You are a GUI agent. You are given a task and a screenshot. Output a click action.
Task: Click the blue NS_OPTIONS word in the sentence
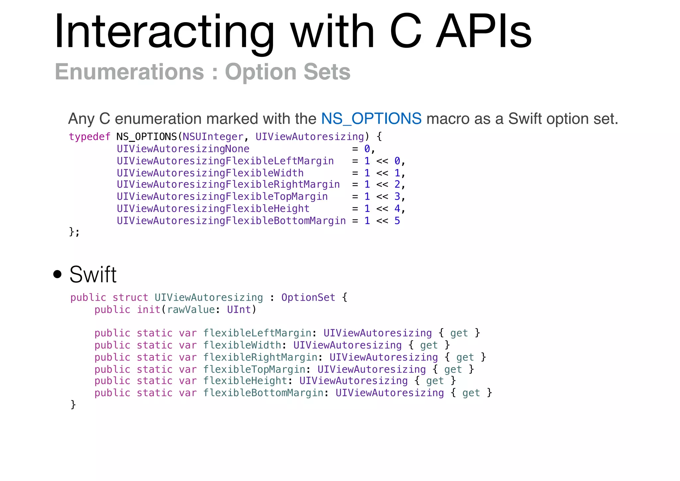click(x=371, y=119)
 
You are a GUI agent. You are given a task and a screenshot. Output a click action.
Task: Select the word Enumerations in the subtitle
click(x=129, y=72)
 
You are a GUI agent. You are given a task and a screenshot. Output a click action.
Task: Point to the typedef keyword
click(x=89, y=137)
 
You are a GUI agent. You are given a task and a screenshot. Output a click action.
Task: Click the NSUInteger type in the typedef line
click(x=213, y=137)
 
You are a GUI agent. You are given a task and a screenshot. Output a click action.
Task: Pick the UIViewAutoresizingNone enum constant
click(x=183, y=149)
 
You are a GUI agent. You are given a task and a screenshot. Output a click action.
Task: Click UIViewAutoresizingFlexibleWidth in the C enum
click(x=210, y=173)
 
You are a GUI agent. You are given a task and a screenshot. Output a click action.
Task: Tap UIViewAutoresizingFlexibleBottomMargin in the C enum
click(x=231, y=221)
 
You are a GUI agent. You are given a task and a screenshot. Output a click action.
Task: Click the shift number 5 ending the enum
click(x=397, y=221)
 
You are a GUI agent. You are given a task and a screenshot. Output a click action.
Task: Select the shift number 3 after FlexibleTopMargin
click(x=397, y=197)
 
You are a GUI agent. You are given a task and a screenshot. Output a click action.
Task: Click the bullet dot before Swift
click(x=57, y=274)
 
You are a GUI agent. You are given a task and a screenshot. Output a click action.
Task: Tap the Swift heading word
click(x=93, y=275)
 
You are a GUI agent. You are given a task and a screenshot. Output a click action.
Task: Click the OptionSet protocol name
click(x=308, y=297)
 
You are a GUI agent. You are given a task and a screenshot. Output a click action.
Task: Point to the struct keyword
click(x=130, y=297)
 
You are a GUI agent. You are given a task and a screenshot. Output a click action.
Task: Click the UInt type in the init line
click(x=239, y=310)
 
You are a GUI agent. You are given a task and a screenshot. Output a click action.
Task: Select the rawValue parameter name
click(x=191, y=310)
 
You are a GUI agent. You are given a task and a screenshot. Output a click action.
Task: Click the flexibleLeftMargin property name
click(x=257, y=333)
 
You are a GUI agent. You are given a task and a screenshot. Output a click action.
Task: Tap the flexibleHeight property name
click(x=245, y=381)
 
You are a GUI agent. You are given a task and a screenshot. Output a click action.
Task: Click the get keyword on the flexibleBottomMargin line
click(x=471, y=393)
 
